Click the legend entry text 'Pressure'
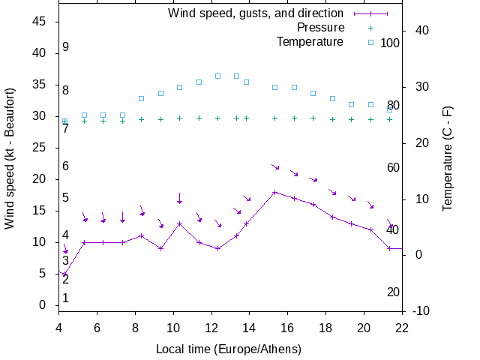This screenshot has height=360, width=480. point(322,27)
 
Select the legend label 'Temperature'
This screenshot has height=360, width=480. point(310,41)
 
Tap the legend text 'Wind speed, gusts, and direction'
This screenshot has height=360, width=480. point(256,13)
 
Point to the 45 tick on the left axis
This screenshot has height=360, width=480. point(41,22)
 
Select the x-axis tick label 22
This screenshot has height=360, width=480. point(402,327)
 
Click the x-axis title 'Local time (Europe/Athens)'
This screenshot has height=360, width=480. point(229,349)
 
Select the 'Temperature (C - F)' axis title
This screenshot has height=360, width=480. point(448,158)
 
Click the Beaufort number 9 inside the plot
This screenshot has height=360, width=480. point(66,47)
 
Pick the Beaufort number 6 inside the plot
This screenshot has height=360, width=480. point(66,166)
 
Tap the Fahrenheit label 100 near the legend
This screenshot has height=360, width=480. point(390,43)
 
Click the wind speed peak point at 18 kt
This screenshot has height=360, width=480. point(274,192)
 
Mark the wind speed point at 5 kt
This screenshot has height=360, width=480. point(64,274)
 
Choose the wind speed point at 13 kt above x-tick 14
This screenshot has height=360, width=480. point(246,223)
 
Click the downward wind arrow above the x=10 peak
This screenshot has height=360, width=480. point(179,199)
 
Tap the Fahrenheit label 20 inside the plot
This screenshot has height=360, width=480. point(393,292)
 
